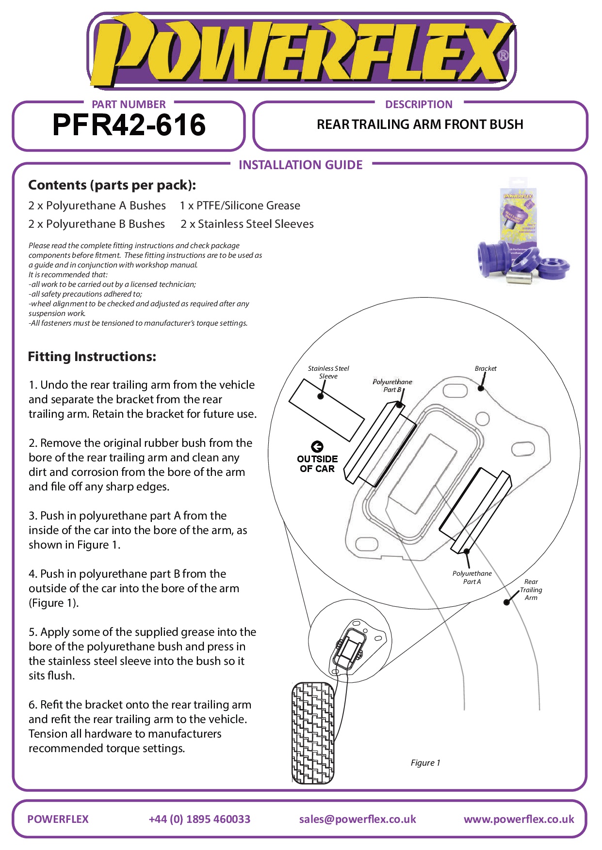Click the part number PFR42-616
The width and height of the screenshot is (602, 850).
coord(129,125)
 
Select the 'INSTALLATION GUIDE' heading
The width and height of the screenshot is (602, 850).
coord(300,165)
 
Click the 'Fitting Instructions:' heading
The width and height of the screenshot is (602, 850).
coord(92,357)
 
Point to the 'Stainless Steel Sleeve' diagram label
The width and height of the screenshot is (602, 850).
coord(328,372)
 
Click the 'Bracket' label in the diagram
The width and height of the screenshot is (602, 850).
coord(486,368)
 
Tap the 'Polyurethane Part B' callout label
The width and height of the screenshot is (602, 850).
coord(392,385)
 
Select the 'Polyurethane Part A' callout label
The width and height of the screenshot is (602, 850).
coord(472,577)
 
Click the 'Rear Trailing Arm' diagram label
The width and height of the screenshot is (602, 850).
coord(531,589)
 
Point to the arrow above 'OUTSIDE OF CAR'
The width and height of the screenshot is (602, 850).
coord(317,446)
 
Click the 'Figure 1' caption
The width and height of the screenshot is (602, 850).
coord(425,763)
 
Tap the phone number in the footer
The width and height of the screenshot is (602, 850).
coord(199,819)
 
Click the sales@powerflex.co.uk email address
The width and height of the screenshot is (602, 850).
coord(358,819)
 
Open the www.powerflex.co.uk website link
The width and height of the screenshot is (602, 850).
coord(519,819)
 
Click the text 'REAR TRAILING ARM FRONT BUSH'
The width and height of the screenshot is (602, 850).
coord(420,125)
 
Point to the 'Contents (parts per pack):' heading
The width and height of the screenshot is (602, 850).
coord(112,185)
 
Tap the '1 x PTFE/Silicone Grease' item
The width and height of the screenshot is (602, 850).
coord(240,205)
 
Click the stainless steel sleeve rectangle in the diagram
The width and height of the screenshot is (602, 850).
coord(326,410)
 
